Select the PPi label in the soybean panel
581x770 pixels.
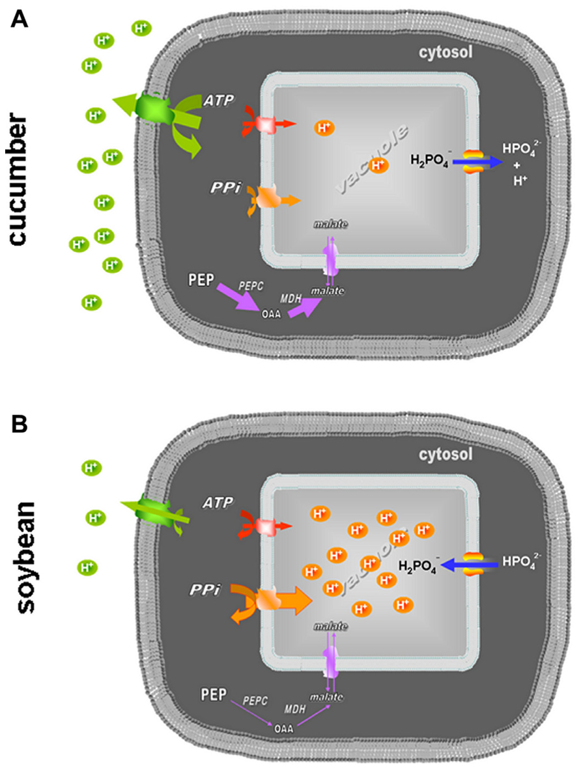(208, 590)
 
